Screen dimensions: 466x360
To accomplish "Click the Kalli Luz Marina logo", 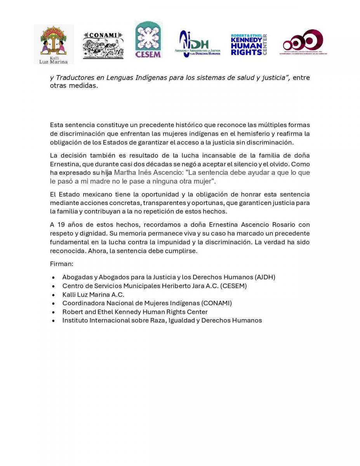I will [54, 44].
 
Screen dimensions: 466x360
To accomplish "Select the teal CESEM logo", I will [148, 40].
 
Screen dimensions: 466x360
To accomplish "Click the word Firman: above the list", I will [62, 264].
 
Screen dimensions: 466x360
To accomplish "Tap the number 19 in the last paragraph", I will [61, 224].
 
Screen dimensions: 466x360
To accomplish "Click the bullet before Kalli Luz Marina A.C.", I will [53, 295].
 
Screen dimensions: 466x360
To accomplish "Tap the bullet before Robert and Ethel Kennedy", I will [53, 312].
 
